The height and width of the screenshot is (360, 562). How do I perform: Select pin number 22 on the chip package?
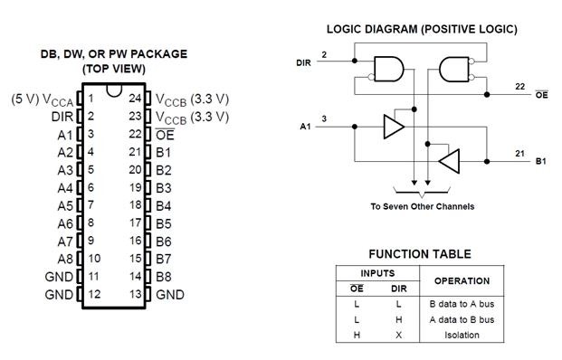coord(133,134)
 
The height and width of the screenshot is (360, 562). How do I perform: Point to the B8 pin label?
coord(164,276)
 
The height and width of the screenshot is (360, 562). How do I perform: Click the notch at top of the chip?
coord(112,89)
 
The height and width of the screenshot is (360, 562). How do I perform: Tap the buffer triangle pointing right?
coord(393,127)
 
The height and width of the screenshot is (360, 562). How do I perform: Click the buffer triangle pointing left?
coord(449,162)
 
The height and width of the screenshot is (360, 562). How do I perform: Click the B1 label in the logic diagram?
coord(540,162)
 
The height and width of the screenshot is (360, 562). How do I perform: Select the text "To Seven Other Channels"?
coord(422,206)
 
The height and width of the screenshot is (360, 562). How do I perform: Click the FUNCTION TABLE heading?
coord(419,254)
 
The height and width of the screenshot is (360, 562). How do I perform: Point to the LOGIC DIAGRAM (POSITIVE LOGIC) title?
coord(422,29)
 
